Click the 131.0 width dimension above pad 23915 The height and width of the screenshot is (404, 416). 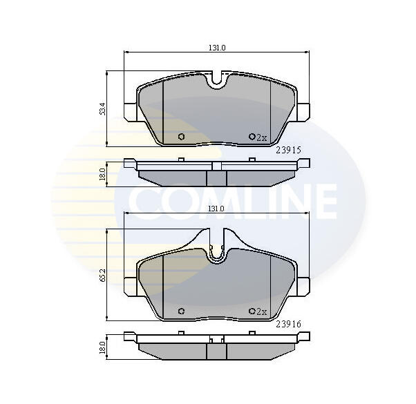[x=217, y=48]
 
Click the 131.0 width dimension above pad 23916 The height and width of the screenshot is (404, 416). [x=216, y=209]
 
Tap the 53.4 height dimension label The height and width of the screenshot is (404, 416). [x=102, y=108]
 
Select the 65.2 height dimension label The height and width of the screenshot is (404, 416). [x=102, y=275]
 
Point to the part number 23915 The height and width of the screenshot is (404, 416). [x=288, y=151]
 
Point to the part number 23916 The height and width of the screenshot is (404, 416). [x=288, y=324]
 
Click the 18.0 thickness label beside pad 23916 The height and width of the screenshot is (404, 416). [x=102, y=347]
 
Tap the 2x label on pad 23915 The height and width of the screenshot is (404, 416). [x=261, y=137]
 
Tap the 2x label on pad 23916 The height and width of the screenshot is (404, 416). [x=261, y=311]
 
